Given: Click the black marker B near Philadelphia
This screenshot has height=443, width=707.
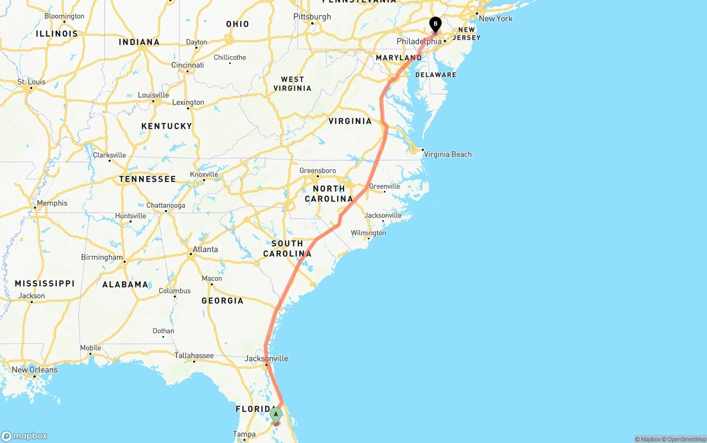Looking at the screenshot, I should (x=435, y=24).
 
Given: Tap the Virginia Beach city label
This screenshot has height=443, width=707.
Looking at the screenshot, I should (x=447, y=154).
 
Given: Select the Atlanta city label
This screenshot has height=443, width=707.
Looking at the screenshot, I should (x=205, y=249).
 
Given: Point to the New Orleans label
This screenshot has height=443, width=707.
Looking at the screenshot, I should (x=34, y=370).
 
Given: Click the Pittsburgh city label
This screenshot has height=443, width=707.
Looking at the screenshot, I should (x=312, y=17).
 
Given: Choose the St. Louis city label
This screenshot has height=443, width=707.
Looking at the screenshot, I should (x=31, y=82).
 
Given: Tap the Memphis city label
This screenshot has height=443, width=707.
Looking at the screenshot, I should (x=52, y=203).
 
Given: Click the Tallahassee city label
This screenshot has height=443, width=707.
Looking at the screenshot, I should (x=194, y=355).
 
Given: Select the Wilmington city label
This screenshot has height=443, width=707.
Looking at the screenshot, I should (x=368, y=233).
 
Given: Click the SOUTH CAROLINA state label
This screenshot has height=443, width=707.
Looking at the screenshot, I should (x=287, y=249).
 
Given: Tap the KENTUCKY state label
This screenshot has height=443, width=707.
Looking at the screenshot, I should (x=166, y=126).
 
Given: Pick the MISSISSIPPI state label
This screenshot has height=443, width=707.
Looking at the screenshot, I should (x=45, y=284).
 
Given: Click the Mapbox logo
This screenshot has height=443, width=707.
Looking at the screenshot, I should (x=24, y=436).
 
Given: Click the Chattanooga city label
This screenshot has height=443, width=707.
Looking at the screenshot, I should (x=166, y=205).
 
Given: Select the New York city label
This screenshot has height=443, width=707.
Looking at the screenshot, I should (x=495, y=18).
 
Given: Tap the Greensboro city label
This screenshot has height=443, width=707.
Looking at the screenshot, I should (x=318, y=170).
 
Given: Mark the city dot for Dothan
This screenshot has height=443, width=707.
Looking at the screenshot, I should (x=163, y=337).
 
